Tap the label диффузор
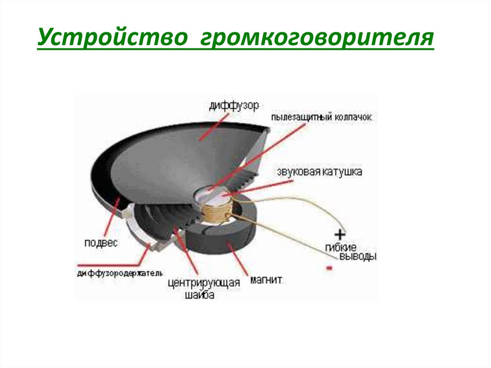[x=234, y=105]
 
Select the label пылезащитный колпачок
[x=321, y=117]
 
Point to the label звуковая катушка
[x=319, y=171]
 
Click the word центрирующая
[x=203, y=283]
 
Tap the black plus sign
[x=340, y=235]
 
